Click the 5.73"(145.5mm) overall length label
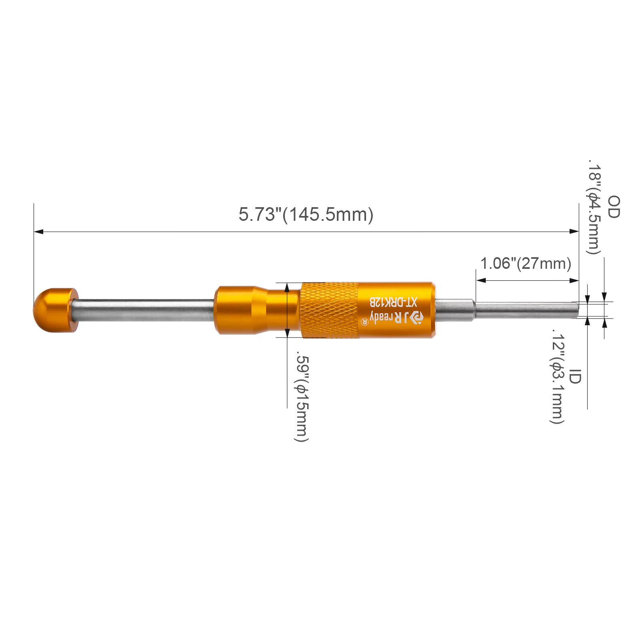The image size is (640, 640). tap(306, 214)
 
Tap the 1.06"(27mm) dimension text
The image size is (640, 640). tap(526, 264)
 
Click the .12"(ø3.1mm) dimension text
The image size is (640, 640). tap(557, 376)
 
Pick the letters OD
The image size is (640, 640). tap(614, 207)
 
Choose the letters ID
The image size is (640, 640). tap(575, 376)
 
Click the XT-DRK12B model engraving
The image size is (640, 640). tap(393, 302)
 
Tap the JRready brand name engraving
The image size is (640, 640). tap(395, 317)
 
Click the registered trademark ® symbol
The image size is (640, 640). tap(364, 321)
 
